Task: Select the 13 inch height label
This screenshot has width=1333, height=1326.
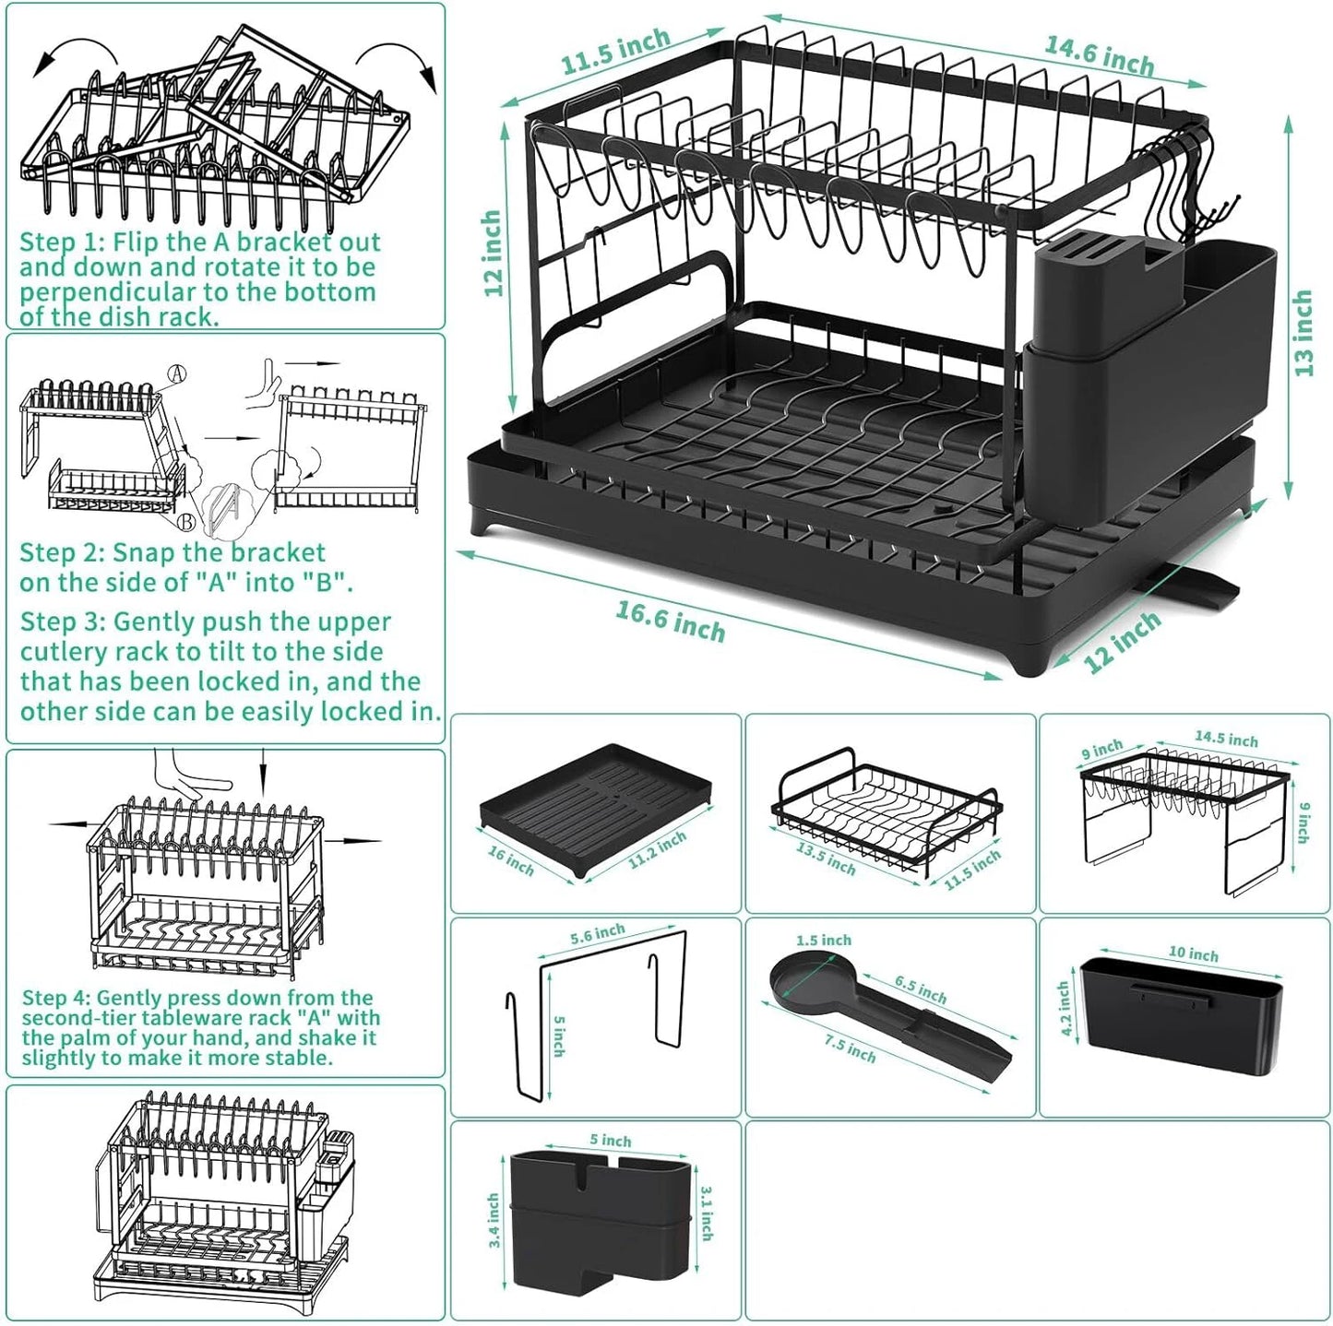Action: [1303, 333]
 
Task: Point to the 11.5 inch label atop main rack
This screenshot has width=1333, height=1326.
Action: [615, 51]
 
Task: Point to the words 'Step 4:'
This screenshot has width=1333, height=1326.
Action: [57, 998]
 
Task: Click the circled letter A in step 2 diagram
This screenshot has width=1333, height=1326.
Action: [177, 373]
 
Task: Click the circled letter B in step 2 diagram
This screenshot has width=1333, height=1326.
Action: [186, 522]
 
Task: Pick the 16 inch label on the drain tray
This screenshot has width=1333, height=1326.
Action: [510, 859]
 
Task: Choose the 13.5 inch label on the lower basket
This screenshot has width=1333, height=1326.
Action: [826, 858]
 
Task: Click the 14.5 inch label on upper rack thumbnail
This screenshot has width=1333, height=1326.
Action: [1226, 739]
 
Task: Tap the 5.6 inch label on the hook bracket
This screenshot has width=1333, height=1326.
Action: [597, 934]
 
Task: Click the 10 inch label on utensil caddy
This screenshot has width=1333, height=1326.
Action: [1194, 953]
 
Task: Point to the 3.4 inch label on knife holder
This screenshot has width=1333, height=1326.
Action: [493, 1220]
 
